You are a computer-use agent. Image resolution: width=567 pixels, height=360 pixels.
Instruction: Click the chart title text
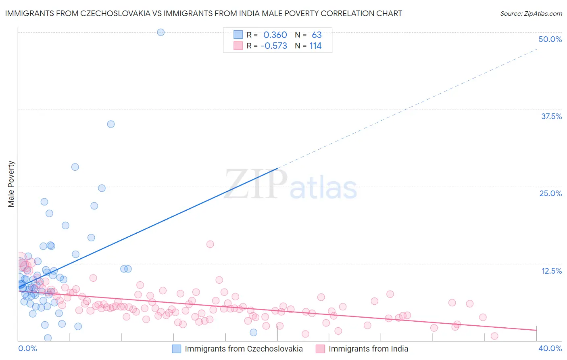tap(204, 14)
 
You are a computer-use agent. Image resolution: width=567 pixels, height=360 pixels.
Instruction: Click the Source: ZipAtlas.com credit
tap(531, 14)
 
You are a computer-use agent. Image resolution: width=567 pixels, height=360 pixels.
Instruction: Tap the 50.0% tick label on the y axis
tap(550, 39)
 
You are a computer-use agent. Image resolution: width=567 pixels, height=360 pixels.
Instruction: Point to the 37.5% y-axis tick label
tap(551, 116)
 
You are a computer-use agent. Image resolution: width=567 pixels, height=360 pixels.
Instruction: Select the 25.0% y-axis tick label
tap(550, 193)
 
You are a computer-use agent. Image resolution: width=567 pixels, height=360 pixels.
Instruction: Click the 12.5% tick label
tap(551, 271)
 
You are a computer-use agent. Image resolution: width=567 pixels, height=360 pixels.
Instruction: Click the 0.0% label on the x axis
tap(27, 348)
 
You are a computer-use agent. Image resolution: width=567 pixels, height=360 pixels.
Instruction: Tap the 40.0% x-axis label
tap(550, 348)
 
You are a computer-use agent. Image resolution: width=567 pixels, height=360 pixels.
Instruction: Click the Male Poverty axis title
tap(11, 184)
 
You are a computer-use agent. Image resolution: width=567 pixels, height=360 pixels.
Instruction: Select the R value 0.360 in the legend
tap(275, 35)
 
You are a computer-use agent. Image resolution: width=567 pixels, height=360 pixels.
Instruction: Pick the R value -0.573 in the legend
tap(274, 46)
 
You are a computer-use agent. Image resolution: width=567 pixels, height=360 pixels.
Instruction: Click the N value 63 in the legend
tap(317, 35)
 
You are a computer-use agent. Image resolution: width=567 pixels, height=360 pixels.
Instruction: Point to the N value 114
tap(315, 46)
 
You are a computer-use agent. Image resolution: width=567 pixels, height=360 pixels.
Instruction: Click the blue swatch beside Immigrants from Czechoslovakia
tap(177, 349)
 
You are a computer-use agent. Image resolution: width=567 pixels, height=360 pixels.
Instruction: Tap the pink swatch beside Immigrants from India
tap(320, 349)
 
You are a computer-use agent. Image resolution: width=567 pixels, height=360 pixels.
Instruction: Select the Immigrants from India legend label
tap(368, 349)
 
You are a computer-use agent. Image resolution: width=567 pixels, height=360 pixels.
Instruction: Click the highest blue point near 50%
tap(161, 32)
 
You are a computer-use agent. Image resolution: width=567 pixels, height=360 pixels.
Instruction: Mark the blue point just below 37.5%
tap(111, 124)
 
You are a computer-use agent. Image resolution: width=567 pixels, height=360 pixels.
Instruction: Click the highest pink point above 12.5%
tap(210, 244)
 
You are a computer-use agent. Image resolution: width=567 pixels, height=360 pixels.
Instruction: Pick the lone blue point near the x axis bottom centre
tap(253, 333)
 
